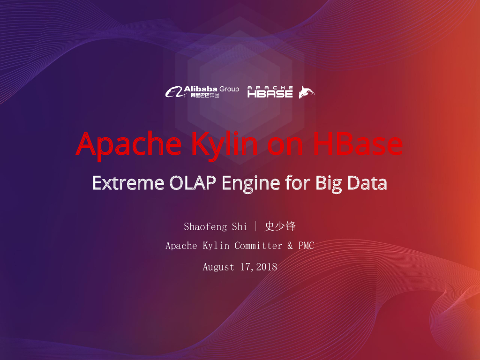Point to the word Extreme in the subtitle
click(127, 182)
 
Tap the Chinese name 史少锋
click(280, 227)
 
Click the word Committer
click(258, 246)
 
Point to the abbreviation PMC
click(306, 246)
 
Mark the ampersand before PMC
click(290, 246)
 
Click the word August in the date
click(218, 267)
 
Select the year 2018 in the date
click(267, 267)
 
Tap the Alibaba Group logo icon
click(173, 92)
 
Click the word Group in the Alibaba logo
click(229, 89)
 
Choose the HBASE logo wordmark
click(270, 92)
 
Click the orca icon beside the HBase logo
click(307, 92)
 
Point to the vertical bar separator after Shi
click(256, 227)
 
